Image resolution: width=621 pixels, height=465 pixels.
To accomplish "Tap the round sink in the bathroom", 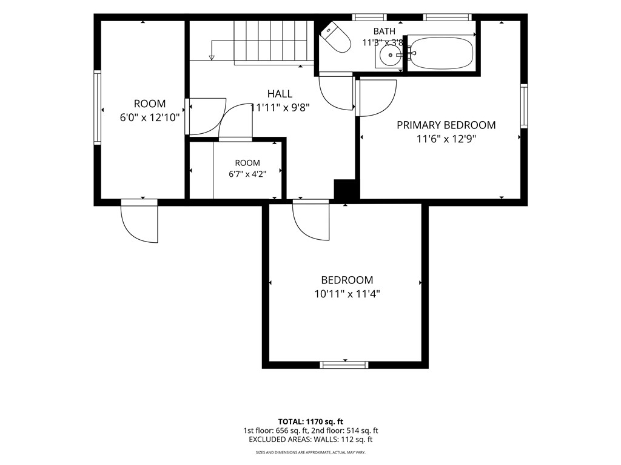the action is tap(391, 55).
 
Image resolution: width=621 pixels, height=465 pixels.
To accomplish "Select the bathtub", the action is tap(441, 53).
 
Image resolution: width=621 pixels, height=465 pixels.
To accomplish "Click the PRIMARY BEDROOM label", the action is tap(446, 125).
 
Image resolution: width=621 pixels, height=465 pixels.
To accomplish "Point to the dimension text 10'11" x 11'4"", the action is tap(347, 294).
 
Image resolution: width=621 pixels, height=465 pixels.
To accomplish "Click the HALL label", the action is tap(280, 94).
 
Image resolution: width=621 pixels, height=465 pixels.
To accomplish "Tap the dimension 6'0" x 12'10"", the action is tap(150, 117).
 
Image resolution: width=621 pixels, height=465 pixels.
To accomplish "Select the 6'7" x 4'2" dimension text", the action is tap(247, 174).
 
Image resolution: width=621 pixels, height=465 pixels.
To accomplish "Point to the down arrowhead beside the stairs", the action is tap(212, 58).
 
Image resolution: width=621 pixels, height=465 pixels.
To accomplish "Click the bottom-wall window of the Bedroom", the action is tap(344, 365).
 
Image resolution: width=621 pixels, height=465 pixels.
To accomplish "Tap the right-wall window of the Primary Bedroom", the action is tap(524, 106).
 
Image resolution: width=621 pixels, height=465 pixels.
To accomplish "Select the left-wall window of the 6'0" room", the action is tap(97, 108).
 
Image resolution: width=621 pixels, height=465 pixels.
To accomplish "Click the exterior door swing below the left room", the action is tap(140, 221).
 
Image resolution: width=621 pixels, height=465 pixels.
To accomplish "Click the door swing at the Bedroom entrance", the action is tap(311, 220).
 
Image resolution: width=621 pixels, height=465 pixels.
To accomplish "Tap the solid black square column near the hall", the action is tap(344, 189).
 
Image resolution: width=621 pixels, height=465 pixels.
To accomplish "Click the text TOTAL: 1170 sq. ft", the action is tap(310, 421).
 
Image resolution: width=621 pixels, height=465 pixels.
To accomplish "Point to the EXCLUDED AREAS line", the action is tap(310, 440).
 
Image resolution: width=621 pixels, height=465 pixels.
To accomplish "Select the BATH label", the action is tap(384, 31).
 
